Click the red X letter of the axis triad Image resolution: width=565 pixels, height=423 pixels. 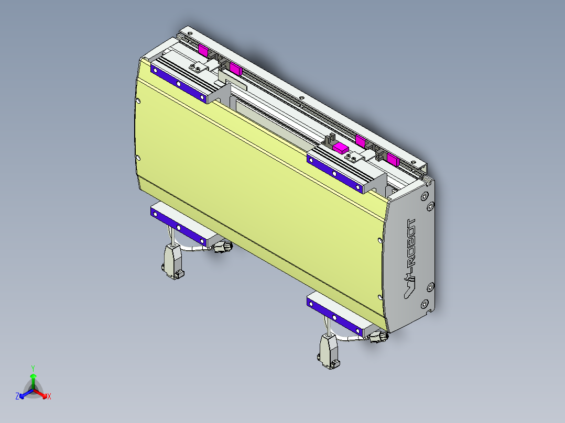coord(49,396)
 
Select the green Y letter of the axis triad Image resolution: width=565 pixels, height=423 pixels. coord(32,368)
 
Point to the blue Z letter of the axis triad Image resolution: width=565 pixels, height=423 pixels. coord(17,396)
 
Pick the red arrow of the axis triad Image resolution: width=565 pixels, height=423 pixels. coord(42,394)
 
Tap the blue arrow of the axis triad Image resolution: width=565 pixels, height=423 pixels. coord(24,394)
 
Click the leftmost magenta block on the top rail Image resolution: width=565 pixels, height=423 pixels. coord(203,50)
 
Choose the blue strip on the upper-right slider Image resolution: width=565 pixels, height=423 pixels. coord(335,173)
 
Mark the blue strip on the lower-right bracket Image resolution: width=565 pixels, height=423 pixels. coord(335,317)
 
